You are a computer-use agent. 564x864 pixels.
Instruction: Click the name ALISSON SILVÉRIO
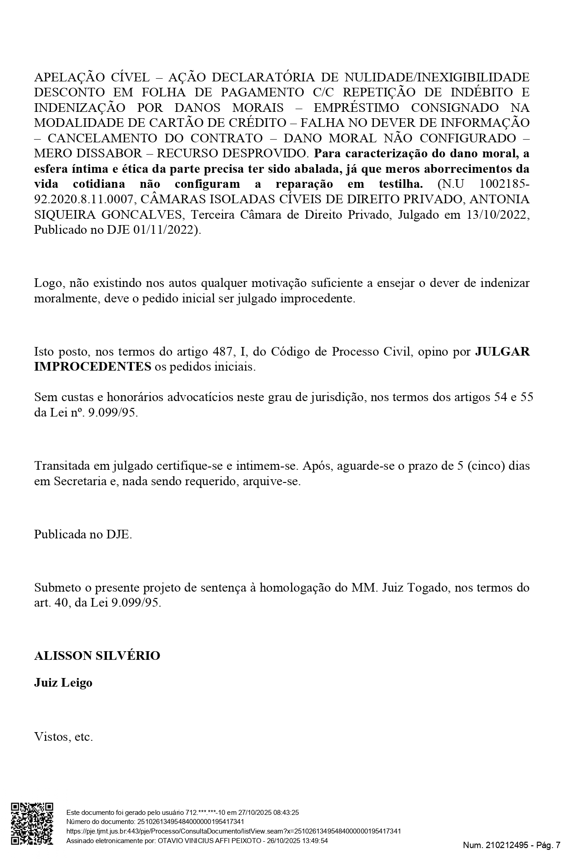[97, 656]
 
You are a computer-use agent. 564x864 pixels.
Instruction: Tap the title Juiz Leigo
[63, 683]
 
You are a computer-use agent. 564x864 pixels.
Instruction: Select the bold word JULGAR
[502, 352]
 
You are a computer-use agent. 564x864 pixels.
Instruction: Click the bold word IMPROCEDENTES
[92, 367]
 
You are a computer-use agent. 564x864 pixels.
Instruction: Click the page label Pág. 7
[548, 845]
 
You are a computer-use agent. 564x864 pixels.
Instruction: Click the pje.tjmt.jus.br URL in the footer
[233, 831]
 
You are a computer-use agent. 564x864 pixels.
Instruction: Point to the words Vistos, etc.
[64, 737]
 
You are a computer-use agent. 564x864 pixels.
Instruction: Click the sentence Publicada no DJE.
[83, 534]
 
